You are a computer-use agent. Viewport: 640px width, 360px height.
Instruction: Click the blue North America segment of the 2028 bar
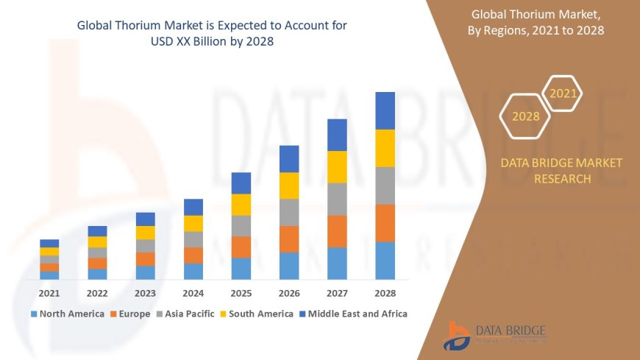coord(385,261)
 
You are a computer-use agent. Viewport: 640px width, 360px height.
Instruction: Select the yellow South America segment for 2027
coord(337,167)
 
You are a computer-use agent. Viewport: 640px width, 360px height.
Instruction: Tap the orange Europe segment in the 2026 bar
coord(289,239)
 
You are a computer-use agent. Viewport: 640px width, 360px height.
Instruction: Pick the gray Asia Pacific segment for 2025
coord(241,226)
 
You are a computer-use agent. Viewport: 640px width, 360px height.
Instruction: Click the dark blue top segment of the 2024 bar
coord(193,207)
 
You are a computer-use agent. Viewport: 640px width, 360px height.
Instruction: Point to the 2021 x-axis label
coord(49,293)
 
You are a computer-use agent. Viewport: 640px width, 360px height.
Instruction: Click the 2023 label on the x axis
coord(145,293)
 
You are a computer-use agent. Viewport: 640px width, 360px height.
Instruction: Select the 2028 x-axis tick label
coord(385,293)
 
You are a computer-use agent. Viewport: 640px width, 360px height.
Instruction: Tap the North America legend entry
coord(67,314)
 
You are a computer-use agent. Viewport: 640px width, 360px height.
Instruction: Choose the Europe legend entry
coord(130,314)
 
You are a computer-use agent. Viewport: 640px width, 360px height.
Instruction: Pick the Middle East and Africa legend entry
coord(352,314)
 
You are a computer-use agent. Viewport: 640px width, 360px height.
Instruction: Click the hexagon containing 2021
coord(563,93)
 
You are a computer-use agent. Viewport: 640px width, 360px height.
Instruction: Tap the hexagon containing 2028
coord(525,116)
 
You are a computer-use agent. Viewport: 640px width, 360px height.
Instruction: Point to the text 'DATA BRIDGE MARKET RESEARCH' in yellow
coord(561,171)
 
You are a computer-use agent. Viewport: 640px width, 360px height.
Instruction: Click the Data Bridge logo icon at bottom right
coord(457,336)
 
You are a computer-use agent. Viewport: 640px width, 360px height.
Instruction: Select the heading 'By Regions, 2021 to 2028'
coord(535,30)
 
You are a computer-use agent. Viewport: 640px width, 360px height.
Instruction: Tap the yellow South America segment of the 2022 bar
coord(97,242)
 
